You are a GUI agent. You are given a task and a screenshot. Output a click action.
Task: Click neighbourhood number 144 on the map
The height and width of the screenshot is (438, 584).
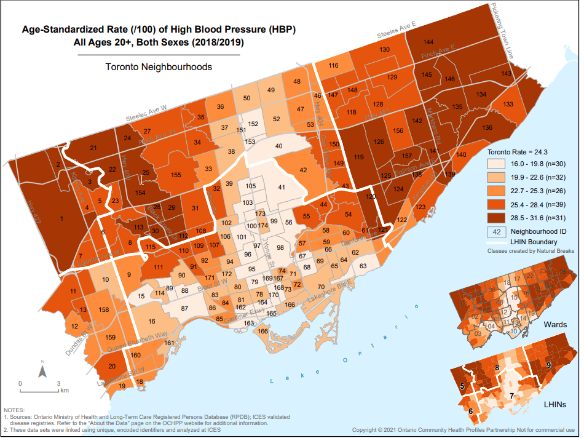coord(428,42)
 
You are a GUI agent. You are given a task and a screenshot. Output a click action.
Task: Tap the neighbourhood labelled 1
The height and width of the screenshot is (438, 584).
coord(61,218)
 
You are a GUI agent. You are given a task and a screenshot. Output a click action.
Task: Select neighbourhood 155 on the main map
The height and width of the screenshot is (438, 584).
coord(176,175)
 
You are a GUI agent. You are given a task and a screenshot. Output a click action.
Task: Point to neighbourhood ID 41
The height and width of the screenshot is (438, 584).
coord(282,187)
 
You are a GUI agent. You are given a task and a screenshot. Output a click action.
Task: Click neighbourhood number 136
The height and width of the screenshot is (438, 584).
coord(487,127)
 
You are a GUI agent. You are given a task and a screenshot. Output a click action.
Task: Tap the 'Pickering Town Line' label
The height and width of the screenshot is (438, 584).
coord(502,31)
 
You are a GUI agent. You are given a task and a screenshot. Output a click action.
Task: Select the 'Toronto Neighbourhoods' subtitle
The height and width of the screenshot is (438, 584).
coord(159,66)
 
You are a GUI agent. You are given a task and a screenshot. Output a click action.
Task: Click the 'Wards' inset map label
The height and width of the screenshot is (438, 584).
coord(560,324)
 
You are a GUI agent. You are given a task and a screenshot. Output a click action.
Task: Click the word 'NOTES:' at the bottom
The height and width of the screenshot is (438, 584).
coord(15,410)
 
